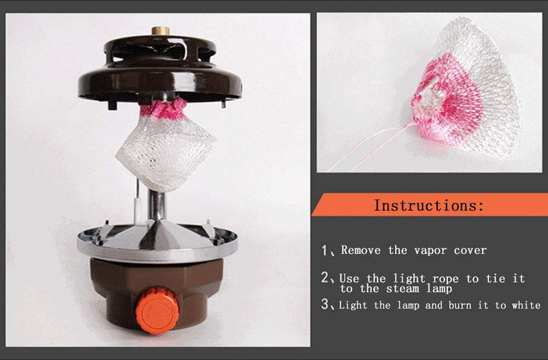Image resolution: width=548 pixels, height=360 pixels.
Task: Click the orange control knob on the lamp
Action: click(158, 311)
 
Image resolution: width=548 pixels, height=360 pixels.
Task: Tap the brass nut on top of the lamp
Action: click(161, 30)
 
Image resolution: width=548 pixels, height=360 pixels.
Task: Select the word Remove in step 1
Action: click(361, 250)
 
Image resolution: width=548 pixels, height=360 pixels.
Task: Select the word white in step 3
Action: click(526, 305)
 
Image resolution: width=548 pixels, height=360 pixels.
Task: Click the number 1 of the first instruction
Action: click(325, 250)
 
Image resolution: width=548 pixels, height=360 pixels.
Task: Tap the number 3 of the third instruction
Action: click(325, 305)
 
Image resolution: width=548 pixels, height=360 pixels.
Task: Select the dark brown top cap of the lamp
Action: click(160, 70)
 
